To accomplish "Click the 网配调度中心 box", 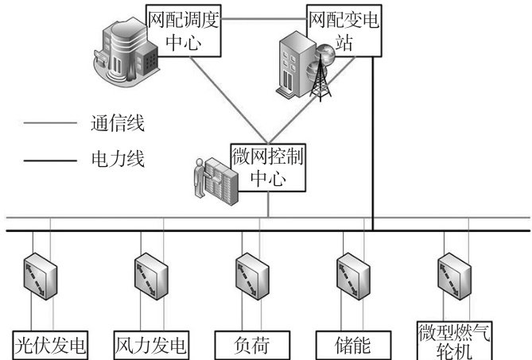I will pos(182,28).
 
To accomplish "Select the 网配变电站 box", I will pos(344,28).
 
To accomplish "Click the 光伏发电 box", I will pos(50,346).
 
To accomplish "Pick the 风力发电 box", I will pos(152,346).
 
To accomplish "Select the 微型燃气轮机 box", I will pos(454,340).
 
